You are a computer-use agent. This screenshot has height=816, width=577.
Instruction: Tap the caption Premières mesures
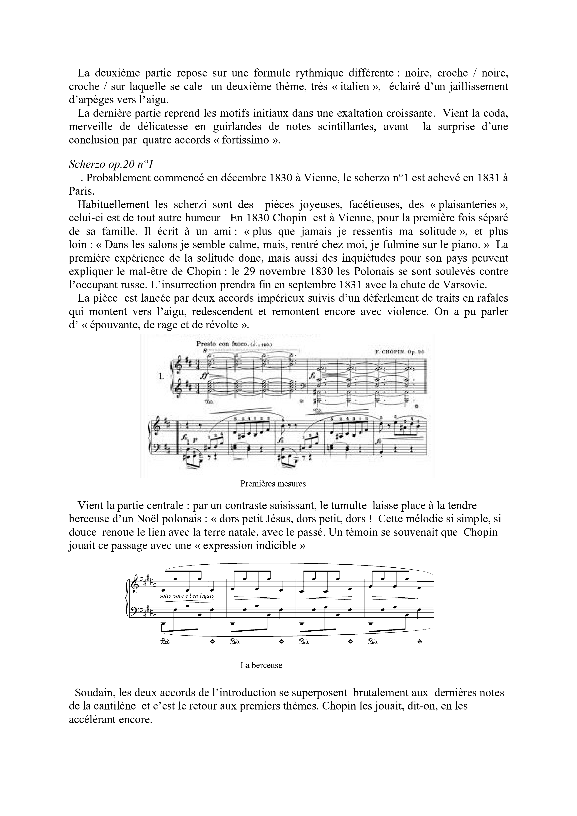coord(273,484)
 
